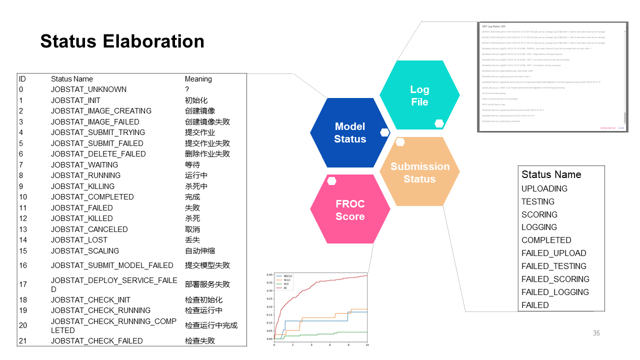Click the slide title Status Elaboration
click(x=122, y=41)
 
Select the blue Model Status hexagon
click(x=349, y=133)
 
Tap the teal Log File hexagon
click(x=419, y=95)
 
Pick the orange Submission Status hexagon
click(x=419, y=172)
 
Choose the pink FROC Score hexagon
click(x=350, y=210)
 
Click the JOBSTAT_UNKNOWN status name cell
click(x=88, y=89)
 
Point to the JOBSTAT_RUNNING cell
click(x=85, y=175)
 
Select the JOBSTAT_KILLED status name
click(x=81, y=218)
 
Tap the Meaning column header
click(x=198, y=79)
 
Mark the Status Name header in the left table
click(x=71, y=79)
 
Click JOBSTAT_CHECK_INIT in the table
click(x=90, y=300)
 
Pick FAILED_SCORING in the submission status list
click(x=555, y=279)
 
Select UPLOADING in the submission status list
click(x=544, y=188)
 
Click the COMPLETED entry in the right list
click(x=546, y=240)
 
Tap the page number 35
click(x=596, y=333)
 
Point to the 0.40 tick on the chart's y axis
click(x=269, y=275)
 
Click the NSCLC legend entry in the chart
click(x=287, y=276)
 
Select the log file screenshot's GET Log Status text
click(x=493, y=25)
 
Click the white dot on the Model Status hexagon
click(x=384, y=132)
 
